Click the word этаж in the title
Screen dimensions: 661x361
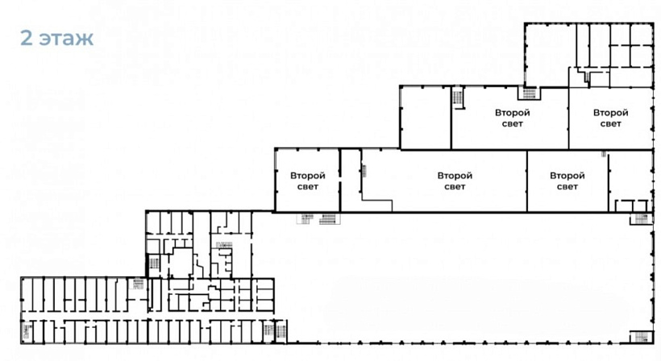[67, 39]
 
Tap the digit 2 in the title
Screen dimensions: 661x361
[27, 38]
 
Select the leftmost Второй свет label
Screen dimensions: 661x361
[308, 181]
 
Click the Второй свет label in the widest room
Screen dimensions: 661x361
[455, 181]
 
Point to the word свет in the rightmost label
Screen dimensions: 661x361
[610, 124]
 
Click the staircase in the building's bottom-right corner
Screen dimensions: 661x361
[641, 337]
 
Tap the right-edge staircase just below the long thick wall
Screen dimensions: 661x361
[641, 218]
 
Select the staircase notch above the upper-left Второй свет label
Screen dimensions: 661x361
[529, 93]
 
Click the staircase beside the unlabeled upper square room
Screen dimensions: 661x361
[458, 98]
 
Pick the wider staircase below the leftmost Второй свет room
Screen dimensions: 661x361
[329, 218]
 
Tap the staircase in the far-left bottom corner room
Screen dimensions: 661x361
[27, 331]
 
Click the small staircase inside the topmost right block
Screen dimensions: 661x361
[586, 77]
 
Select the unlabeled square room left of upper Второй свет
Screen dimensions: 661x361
[426, 118]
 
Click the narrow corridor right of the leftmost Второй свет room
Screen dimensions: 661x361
[351, 180]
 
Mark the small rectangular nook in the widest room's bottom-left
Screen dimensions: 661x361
[377, 205]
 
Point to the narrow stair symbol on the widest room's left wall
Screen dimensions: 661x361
[364, 171]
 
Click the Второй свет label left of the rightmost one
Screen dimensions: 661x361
[512, 118]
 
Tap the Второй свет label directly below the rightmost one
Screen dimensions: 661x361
[567, 181]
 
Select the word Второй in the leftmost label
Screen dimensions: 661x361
[308, 176]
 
